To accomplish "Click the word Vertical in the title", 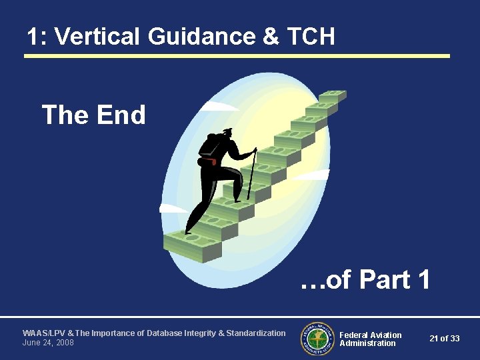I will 98,37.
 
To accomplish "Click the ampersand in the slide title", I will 271,37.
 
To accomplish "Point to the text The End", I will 93,115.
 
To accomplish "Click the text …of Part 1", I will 365,280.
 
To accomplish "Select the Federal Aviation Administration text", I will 371,339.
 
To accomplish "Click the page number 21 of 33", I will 444,339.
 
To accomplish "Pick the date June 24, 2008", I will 48,343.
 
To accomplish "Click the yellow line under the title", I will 237,56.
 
